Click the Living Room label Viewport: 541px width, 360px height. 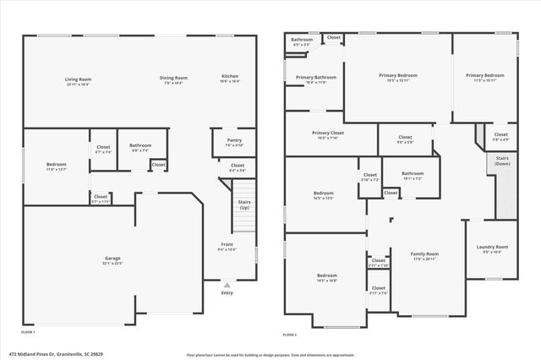pyautogui.click(x=77, y=81)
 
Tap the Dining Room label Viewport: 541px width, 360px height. pyautogui.click(x=172, y=81)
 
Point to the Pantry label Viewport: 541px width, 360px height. pyautogui.click(x=234, y=141)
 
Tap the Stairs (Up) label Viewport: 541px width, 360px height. pyautogui.click(x=244, y=205)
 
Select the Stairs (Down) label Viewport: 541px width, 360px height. pyautogui.click(x=501, y=161)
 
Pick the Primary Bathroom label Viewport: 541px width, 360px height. pyautogui.click(x=316, y=79)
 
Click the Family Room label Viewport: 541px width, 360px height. pyautogui.click(x=424, y=255)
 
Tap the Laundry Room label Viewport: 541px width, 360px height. pyautogui.click(x=492, y=248)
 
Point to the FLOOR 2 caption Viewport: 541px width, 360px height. pyautogui.click(x=290, y=334)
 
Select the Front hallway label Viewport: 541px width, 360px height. pyautogui.click(x=227, y=246)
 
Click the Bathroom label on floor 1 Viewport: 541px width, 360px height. pyautogui.click(x=140, y=146)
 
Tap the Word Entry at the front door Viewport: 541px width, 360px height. pyautogui.click(x=227, y=293)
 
